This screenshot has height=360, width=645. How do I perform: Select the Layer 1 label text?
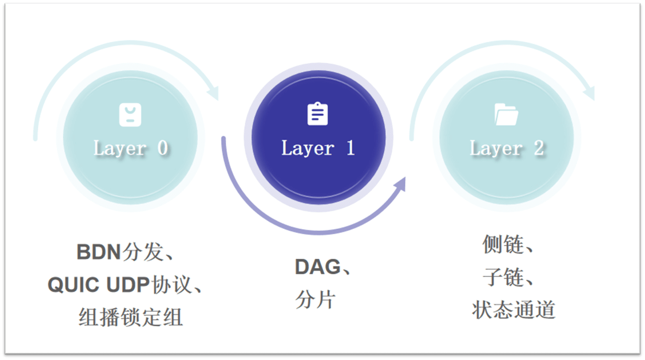(x=318, y=148)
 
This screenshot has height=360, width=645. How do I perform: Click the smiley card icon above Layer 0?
(x=130, y=114)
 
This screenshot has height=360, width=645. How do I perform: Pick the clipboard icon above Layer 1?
(x=317, y=114)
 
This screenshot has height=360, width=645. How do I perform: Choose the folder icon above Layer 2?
(x=506, y=114)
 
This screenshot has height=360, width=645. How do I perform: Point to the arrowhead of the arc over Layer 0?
(x=213, y=93)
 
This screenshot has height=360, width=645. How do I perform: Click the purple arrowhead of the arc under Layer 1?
(x=400, y=184)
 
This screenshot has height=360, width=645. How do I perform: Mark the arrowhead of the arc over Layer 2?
(x=589, y=93)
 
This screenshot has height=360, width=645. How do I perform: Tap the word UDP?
(x=128, y=285)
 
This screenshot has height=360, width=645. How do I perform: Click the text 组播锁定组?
(x=130, y=317)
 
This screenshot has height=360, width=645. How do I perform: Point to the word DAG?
(x=317, y=267)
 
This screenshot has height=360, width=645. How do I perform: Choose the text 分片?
(x=315, y=299)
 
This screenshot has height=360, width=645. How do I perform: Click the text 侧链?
(x=503, y=244)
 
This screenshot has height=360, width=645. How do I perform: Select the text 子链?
(x=503, y=277)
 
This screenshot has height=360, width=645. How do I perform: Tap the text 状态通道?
(x=514, y=310)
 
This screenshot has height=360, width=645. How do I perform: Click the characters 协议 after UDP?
(x=172, y=285)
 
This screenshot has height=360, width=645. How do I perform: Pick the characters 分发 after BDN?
(x=143, y=252)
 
